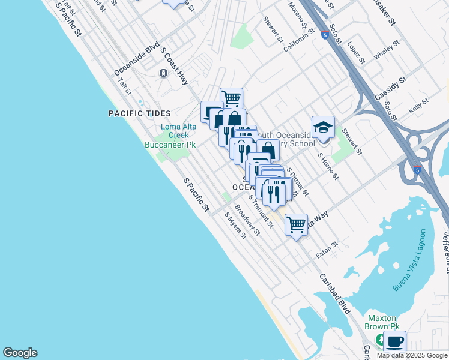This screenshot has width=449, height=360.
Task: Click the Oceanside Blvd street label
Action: click(x=137, y=58)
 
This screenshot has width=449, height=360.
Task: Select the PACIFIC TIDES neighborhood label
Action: click(x=140, y=113)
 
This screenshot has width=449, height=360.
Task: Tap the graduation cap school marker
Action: click(x=323, y=128)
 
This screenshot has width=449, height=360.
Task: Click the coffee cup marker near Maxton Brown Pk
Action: click(x=394, y=342)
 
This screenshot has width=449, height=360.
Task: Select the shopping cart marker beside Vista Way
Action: click(x=296, y=225)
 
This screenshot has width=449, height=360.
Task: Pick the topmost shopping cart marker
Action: click(x=231, y=98)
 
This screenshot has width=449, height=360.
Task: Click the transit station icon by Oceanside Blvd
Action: click(x=163, y=73)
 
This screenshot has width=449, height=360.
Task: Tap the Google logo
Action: click(x=20, y=353)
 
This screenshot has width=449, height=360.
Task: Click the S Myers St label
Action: click(x=235, y=224)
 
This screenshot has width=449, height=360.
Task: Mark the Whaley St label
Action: click(x=387, y=50)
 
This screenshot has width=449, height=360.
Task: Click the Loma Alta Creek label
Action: click(x=174, y=131)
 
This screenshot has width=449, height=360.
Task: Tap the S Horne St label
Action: click(x=328, y=166)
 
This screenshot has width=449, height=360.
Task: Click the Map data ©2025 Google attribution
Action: click(x=411, y=355)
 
